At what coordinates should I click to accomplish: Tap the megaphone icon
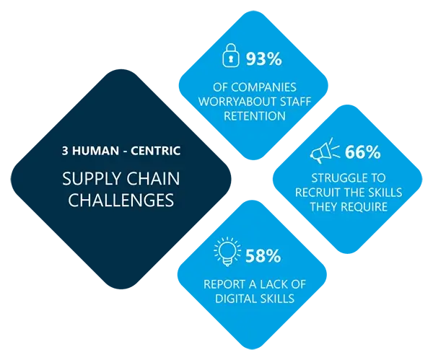(x=325, y=151)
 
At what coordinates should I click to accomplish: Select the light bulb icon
(x=227, y=251)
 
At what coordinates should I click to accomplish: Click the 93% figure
(x=263, y=59)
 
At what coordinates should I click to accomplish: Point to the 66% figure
(x=362, y=152)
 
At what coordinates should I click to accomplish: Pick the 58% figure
(x=263, y=256)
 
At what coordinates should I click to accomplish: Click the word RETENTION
(x=255, y=116)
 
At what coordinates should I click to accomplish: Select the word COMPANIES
(x=264, y=87)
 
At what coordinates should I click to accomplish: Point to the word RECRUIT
(x=317, y=193)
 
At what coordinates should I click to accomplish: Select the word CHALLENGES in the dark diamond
(x=121, y=200)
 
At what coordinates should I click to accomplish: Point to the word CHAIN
(x=154, y=178)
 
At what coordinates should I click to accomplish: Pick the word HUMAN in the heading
(x=95, y=151)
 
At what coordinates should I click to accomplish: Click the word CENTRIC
(x=155, y=151)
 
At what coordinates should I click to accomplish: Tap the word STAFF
(x=295, y=102)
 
